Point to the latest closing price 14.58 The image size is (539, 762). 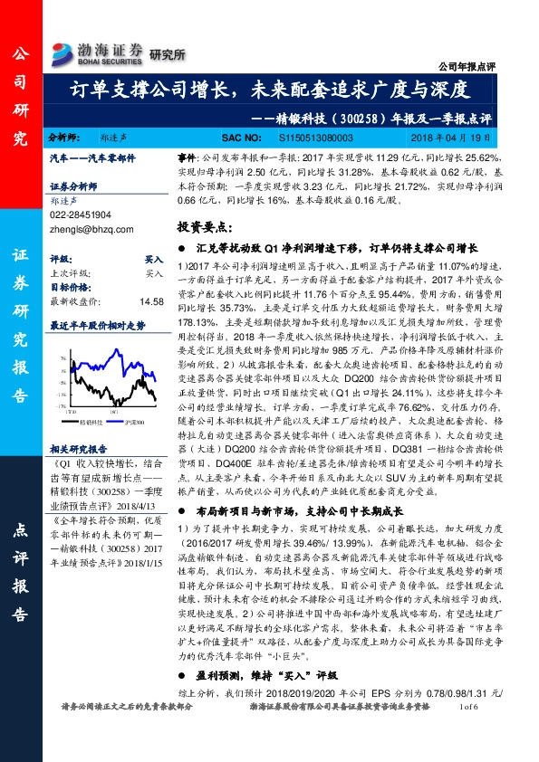point(150,301)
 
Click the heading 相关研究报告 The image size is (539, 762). point(79,448)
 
